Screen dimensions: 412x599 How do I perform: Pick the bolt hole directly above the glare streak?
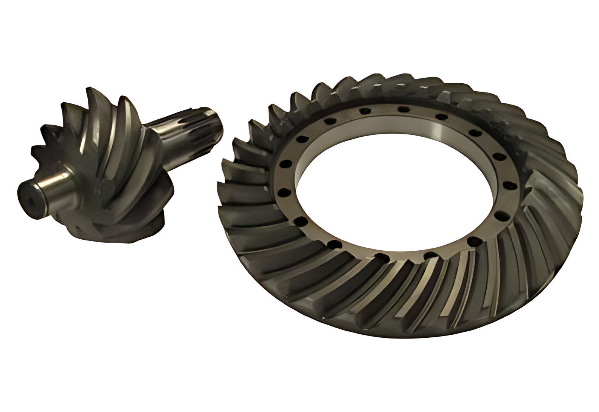click(x=439, y=116)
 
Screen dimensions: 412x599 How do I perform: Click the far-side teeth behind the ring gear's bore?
click(x=435, y=91)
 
